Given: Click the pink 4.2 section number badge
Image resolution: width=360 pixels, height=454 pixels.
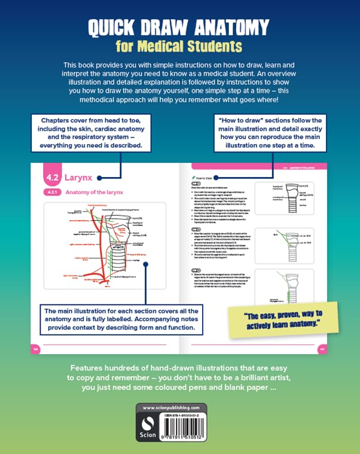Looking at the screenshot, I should click(x=52, y=178).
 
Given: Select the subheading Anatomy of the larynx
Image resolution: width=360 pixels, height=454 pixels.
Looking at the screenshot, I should click(x=90, y=192).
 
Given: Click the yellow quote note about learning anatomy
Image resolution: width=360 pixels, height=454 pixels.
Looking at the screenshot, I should click(x=290, y=318).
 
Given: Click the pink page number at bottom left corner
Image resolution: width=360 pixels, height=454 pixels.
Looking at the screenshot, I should click(x=35, y=348).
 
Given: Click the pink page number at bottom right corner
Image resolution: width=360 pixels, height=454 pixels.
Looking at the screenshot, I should click(x=322, y=348).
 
